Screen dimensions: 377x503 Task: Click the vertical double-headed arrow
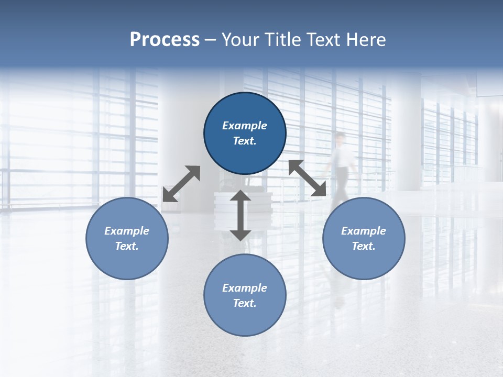coord(240,215)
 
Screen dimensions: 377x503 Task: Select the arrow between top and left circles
coord(181,184)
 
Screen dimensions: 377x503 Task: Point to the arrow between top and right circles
coord(308,178)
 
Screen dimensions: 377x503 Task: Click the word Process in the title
coord(165,39)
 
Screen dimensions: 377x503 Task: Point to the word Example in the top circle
coord(245,126)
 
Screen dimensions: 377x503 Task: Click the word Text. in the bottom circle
coord(245,303)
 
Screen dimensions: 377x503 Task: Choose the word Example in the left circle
coord(127,231)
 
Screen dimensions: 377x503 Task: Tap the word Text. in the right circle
coord(364,246)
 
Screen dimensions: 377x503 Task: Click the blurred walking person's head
coord(341,138)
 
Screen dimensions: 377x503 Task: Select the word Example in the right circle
coord(364,231)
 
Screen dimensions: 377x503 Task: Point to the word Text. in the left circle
coord(127,246)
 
